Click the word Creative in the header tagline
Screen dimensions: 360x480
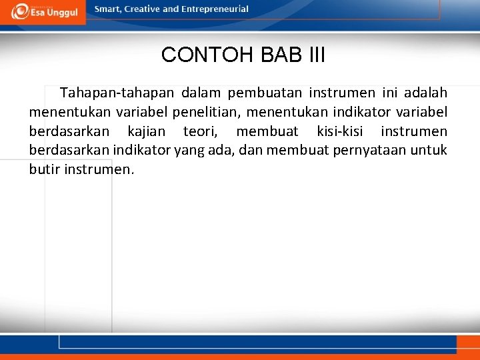point(142,9)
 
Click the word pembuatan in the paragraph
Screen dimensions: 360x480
point(263,93)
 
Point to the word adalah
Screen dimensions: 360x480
point(425,93)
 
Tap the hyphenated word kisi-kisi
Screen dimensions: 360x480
point(340,131)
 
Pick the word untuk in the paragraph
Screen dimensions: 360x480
point(428,150)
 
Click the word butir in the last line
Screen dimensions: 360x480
point(44,169)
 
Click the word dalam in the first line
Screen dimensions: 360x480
point(201,93)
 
